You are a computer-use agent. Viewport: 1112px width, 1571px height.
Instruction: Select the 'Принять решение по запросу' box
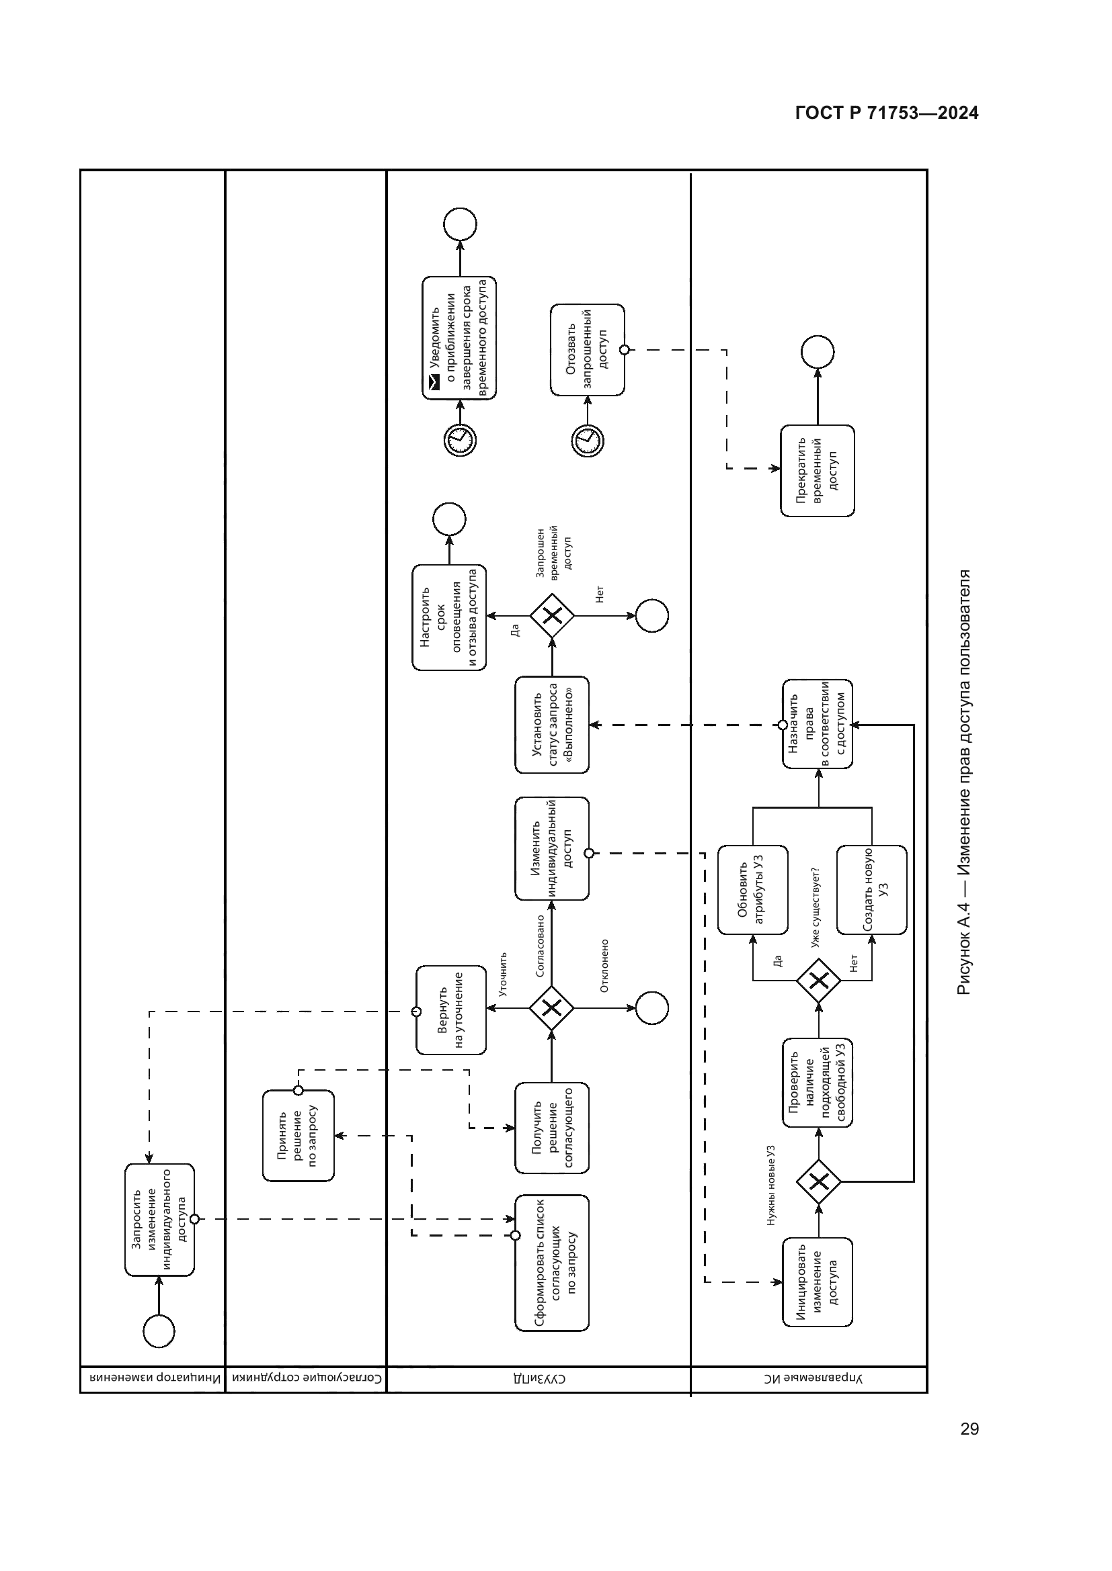[299, 1136]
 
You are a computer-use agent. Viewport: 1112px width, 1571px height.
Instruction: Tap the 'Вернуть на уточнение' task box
[451, 1011]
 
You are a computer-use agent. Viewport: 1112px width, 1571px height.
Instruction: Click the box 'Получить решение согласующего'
[552, 1128]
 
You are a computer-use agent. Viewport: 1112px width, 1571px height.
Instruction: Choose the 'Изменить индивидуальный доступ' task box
[552, 848]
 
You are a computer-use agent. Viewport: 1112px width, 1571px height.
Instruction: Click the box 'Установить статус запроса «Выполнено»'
[552, 725]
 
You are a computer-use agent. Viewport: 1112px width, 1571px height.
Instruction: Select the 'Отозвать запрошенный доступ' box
[588, 351]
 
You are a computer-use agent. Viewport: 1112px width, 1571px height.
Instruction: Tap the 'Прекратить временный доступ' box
[818, 471]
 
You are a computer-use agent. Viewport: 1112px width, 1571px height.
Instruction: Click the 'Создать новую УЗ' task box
[872, 889]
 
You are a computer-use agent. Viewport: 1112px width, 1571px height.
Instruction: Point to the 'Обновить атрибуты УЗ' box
[752, 889]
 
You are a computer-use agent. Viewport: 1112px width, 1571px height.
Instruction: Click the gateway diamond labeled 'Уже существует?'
[818, 981]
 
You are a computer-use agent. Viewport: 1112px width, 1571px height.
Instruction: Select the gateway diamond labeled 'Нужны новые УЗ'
[818, 1181]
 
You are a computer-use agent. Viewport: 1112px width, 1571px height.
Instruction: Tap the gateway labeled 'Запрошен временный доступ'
[552, 616]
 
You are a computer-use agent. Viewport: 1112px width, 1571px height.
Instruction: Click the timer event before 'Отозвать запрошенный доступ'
[588, 441]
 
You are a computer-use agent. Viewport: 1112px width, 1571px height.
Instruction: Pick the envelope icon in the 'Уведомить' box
[434, 386]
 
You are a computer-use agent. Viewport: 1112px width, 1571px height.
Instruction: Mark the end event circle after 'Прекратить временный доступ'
[818, 353]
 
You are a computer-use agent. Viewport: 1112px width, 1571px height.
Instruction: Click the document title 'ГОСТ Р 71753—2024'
[887, 114]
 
